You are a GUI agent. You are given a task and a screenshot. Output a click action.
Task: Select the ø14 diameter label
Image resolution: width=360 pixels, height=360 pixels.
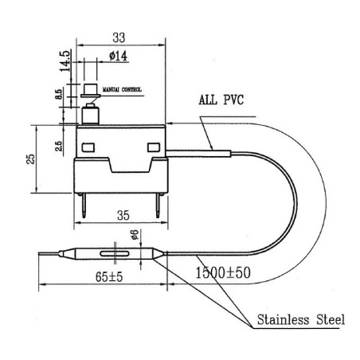116,56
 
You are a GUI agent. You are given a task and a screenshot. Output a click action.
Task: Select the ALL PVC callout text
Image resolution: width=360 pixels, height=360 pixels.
221,102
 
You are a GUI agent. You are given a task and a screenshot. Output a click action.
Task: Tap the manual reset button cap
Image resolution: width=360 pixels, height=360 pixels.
90,85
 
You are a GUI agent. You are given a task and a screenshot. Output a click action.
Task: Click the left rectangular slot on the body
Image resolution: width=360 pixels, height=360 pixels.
87,146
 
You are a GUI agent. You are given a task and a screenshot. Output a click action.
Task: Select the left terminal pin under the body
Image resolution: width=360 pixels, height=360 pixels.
84,207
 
